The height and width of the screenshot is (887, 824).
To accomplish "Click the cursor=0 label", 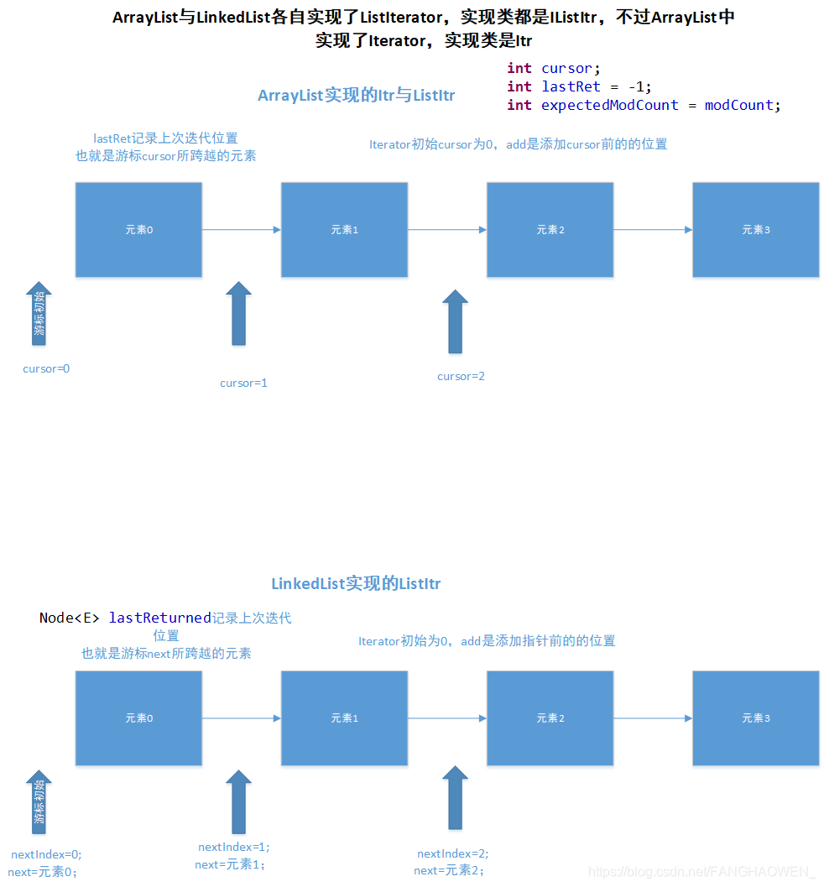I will tap(46, 368).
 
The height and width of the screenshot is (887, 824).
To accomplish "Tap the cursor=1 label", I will tap(243, 383).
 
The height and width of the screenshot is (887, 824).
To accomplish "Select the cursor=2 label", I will tap(461, 376).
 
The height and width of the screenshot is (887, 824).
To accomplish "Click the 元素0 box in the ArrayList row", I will tap(138, 230).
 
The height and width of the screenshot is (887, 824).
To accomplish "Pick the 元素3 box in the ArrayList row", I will tap(755, 230).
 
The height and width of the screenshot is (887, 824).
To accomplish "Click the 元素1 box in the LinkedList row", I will tap(344, 718).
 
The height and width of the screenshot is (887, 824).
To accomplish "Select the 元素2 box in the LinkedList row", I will tap(550, 718).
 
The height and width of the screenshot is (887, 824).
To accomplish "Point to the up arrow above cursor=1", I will tap(239, 313).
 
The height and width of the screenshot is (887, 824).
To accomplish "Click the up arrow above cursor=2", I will tap(455, 321).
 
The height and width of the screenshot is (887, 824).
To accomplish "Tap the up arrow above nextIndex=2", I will tap(455, 798).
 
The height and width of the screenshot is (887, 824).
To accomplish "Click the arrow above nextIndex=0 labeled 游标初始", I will tap(39, 802).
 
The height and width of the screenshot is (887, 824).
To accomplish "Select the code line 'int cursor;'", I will tap(554, 69).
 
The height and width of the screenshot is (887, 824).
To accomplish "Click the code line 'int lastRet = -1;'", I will tap(579, 86).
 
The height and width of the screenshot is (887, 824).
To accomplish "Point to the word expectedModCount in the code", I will tap(609, 105).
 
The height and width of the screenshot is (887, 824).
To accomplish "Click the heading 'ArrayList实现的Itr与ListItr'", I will tap(356, 96).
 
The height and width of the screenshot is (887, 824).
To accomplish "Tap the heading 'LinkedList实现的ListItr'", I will tap(356, 584).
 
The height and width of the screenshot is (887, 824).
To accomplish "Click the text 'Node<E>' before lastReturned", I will tap(70, 618).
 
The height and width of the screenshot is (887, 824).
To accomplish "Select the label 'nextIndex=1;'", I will tap(234, 848).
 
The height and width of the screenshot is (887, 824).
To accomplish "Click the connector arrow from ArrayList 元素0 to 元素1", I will tap(241, 230).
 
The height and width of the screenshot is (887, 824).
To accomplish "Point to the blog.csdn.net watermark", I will tap(702, 872).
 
